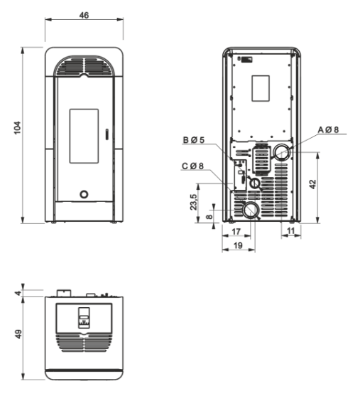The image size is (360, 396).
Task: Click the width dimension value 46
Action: pyautogui.click(x=84, y=16)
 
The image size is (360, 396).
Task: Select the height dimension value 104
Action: pyautogui.click(x=17, y=128)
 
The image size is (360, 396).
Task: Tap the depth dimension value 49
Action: pyautogui.click(x=18, y=334)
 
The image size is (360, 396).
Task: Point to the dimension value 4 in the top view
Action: pyautogui.click(x=18, y=293)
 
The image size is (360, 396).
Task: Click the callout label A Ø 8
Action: pyautogui.click(x=328, y=130)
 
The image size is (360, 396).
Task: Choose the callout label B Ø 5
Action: pyautogui.click(x=194, y=139)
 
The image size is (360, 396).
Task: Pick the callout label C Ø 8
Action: pyautogui.click(x=192, y=166)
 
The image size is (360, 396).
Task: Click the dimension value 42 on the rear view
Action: pyautogui.click(x=312, y=184)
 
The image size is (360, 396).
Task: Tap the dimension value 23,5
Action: pyautogui.click(x=194, y=202)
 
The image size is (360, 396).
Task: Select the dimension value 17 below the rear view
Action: pyautogui.click(x=236, y=231)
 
